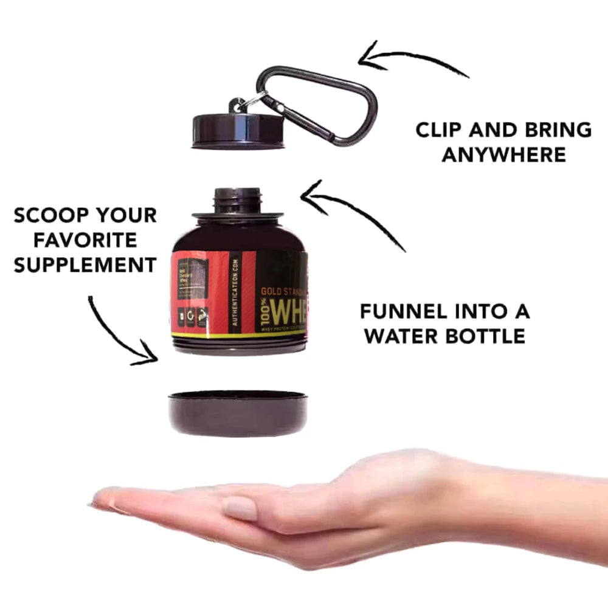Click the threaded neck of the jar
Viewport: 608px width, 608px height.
pyautogui.click(x=238, y=199)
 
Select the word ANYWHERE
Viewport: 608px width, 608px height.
pyautogui.click(x=503, y=154)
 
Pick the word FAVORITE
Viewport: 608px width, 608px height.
pyautogui.click(x=85, y=240)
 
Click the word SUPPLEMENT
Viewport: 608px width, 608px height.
pyautogui.click(x=85, y=265)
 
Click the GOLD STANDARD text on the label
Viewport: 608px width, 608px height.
pyautogui.click(x=283, y=291)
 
